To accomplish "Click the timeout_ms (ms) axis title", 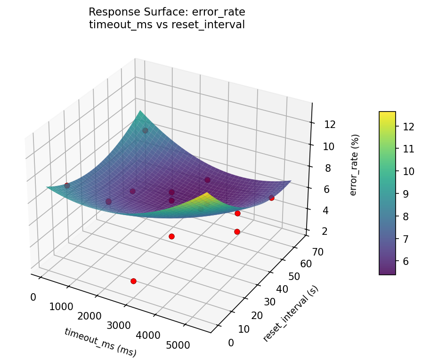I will [100, 342].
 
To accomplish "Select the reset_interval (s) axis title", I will [291, 314].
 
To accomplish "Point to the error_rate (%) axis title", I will [354, 165].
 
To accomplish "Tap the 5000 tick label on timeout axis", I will [178, 345].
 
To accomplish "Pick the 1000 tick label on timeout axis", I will [61, 307].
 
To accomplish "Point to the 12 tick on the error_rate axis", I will [330, 125].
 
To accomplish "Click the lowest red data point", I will [133, 281].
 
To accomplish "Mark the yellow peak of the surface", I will [208, 193].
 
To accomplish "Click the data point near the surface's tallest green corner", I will [145, 130].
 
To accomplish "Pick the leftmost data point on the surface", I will [67, 185].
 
